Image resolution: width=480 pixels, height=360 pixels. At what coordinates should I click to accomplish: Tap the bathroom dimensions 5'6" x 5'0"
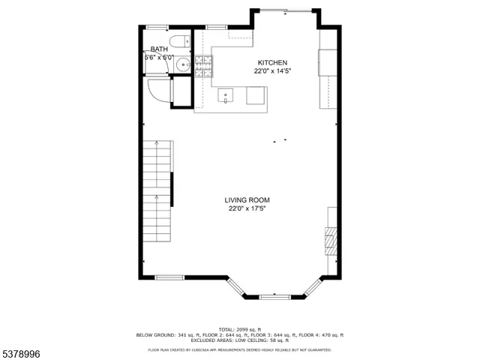[159, 57]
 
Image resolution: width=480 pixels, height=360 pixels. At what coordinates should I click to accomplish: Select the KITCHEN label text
[271, 62]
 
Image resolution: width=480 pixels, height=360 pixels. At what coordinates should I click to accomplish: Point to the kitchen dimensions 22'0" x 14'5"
[271, 71]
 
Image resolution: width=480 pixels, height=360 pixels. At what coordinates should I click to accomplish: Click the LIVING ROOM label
[247, 199]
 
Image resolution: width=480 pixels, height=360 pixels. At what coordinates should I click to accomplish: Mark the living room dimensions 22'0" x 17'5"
[247, 208]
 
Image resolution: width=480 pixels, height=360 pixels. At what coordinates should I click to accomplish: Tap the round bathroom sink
[182, 65]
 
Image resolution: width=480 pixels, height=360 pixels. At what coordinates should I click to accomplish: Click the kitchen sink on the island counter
[227, 96]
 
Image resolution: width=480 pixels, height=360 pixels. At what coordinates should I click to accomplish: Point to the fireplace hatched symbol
[329, 240]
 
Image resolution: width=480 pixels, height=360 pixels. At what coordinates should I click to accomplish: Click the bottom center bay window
[274, 296]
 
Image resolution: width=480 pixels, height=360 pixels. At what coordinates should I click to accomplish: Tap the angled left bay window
[235, 287]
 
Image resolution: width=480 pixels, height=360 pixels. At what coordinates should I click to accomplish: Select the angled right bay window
[312, 287]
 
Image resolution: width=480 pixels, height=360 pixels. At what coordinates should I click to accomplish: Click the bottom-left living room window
[170, 277]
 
